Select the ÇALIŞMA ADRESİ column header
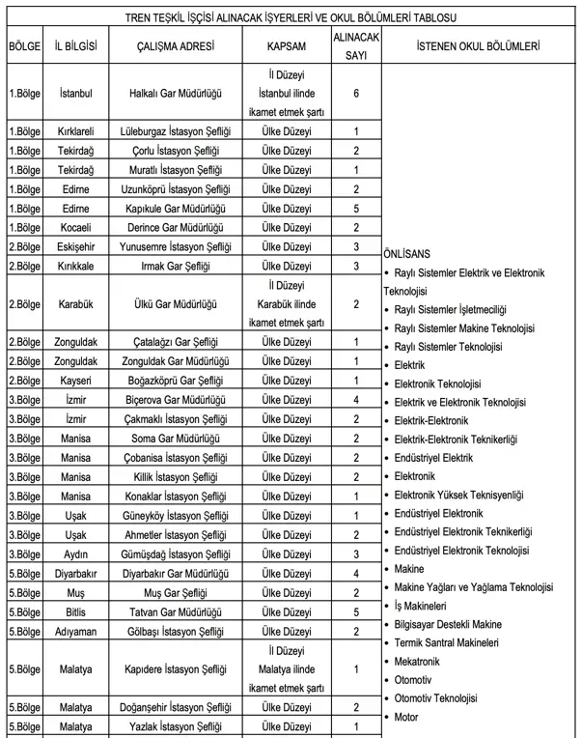(177, 46)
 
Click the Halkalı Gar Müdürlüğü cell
(177, 93)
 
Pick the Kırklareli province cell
(75, 132)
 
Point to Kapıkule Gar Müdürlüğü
(177, 208)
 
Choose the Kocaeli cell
(75, 227)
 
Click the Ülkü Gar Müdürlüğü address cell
(177, 304)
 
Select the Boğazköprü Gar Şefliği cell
(177, 381)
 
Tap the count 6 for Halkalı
(356, 93)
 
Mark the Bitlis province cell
(75, 611)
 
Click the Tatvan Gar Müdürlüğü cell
(177, 611)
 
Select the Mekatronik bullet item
(419, 662)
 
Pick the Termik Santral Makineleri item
(447, 643)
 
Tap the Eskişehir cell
(75, 246)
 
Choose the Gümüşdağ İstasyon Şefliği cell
(177, 553)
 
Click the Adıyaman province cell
(75, 631)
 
